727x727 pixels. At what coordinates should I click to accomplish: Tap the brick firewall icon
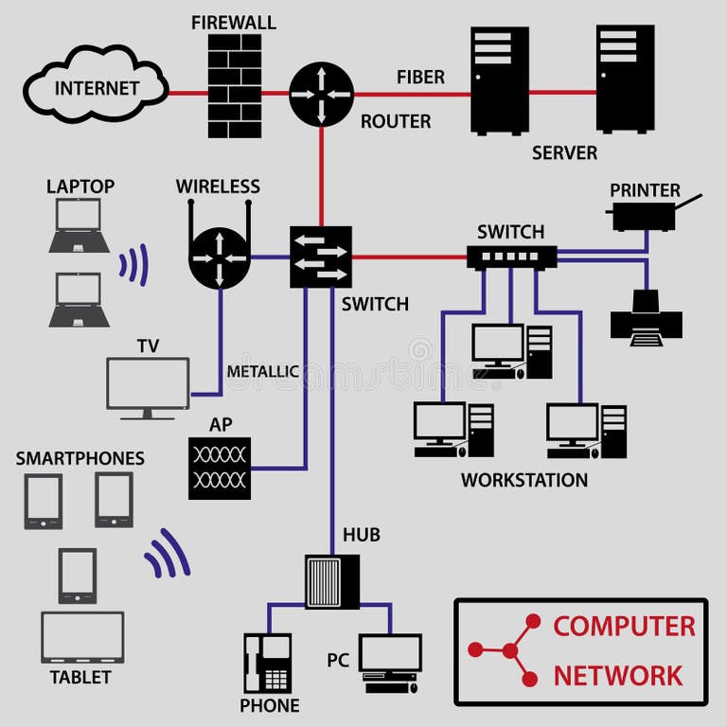coord(234,86)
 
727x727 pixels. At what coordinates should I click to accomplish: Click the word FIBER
coord(420,77)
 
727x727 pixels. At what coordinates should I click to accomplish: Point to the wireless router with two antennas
coord(219,254)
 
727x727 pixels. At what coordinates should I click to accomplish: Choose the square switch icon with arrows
coord(320,257)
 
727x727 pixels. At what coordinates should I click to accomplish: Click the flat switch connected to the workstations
coord(511,256)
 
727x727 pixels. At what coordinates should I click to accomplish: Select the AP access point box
coord(220,468)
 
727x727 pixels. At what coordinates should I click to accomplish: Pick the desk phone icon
coord(267,664)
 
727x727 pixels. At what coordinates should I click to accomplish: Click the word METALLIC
coord(262,372)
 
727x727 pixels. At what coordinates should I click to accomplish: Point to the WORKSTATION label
coord(523,480)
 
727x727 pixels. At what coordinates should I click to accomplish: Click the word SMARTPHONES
coord(80,458)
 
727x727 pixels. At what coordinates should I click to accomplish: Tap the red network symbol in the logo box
coord(509,650)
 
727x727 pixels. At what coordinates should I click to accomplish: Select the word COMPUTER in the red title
coord(624,626)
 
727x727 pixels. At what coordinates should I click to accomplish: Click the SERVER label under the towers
coord(564,152)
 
